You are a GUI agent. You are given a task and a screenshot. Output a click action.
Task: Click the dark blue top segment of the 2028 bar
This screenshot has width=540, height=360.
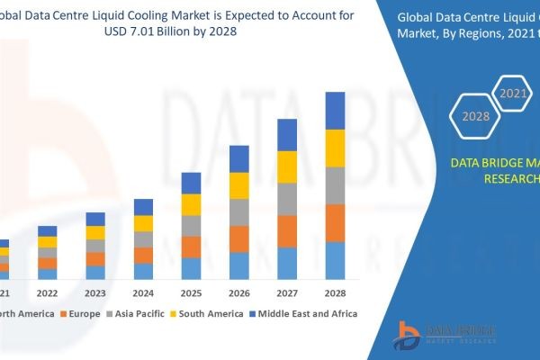335,111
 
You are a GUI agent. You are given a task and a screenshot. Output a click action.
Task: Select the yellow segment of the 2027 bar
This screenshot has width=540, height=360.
287,166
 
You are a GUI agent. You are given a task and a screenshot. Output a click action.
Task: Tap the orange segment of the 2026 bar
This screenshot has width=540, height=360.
239,238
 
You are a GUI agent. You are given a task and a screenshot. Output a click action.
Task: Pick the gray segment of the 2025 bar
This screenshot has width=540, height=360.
191,225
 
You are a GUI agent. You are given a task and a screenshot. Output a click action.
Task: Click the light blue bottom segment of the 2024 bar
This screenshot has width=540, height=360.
143,271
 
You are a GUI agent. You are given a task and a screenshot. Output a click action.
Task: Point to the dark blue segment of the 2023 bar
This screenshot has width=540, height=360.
95,219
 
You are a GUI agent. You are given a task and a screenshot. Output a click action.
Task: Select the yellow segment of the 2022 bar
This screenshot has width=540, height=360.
47,241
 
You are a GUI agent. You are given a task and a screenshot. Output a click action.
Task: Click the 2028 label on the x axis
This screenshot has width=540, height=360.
335,292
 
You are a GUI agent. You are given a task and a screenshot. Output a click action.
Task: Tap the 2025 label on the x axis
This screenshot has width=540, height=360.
191,292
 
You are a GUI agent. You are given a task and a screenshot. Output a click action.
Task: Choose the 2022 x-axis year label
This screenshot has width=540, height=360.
47,292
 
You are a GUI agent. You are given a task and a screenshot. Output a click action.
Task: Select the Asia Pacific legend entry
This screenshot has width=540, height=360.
136,314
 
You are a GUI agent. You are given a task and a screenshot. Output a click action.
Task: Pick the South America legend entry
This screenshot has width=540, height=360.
206,314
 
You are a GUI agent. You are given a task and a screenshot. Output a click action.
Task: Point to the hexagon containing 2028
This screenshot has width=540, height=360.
476,116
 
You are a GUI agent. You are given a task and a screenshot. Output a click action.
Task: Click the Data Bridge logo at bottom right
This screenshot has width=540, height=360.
445,335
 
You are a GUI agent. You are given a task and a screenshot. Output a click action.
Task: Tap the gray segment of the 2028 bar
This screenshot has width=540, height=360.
335,185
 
